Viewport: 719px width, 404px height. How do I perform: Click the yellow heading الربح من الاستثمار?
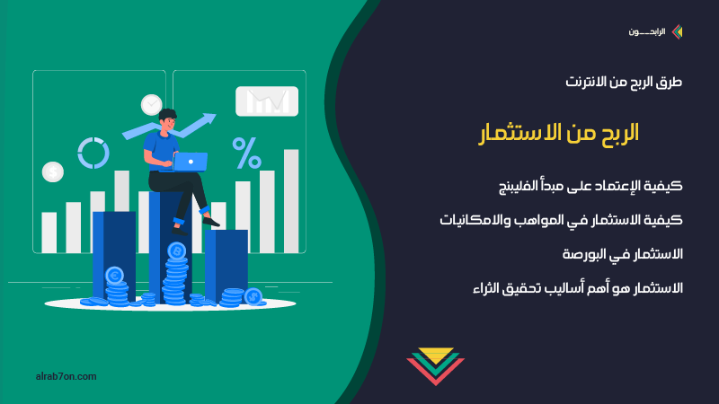coord(558,133)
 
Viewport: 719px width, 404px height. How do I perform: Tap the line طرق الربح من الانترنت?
coord(624,82)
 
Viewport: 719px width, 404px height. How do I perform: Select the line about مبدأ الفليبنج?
coord(590,186)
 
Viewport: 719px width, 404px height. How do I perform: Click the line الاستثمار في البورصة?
coord(623,254)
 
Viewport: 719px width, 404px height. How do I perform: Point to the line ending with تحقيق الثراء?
coord(578,288)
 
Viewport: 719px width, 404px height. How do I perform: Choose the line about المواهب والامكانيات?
coord(561,220)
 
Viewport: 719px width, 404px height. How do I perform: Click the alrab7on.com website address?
coord(66,376)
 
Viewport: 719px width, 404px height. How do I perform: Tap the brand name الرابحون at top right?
coord(646,32)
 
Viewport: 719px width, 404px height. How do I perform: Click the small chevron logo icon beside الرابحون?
coord(677,31)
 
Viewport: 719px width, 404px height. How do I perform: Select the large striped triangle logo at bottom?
coord(436,365)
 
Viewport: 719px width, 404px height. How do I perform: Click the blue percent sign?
coord(246,153)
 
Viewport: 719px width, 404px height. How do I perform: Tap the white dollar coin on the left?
coord(53,172)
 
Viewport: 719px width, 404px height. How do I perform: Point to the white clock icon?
coord(151,105)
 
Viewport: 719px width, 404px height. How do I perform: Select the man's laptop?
coord(190,162)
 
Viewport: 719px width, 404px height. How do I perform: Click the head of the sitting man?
coord(167,119)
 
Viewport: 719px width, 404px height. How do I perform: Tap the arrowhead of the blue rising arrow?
coord(209,119)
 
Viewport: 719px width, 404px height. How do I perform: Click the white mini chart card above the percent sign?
coord(267,101)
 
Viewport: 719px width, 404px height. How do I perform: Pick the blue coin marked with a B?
coord(176,251)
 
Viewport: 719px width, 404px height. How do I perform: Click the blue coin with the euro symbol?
coord(115,276)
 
